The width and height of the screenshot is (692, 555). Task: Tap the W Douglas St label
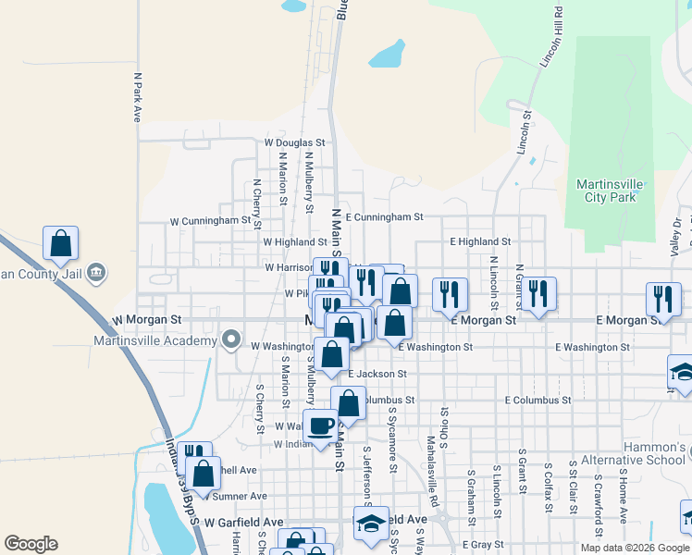pyautogui.click(x=295, y=143)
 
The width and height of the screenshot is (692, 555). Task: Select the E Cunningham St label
pyautogui.click(x=384, y=216)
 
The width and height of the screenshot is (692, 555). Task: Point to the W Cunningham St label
pyautogui.click(x=210, y=221)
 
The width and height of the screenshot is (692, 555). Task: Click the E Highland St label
pyautogui.click(x=480, y=241)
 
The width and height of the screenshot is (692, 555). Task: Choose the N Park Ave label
pyautogui.click(x=136, y=97)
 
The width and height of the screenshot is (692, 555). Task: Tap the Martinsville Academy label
pyautogui.click(x=154, y=339)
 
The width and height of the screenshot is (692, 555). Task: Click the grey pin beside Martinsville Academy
pyautogui.click(x=230, y=339)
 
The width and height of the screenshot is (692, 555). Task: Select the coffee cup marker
pyautogui.click(x=321, y=426)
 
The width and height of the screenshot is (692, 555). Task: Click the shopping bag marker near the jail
pyautogui.click(x=60, y=244)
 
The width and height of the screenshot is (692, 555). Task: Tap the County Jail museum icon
pyautogui.click(x=98, y=273)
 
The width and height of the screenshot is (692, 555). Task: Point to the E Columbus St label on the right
pyautogui.click(x=538, y=401)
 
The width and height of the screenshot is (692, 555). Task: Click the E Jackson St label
pyautogui.click(x=377, y=374)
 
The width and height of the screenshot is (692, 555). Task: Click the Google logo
pyautogui.click(x=31, y=544)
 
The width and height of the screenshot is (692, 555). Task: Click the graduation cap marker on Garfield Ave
pyautogui.click(x=371, y=523)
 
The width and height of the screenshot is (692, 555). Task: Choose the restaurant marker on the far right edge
pyautogui.click(x=663, y=298)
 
